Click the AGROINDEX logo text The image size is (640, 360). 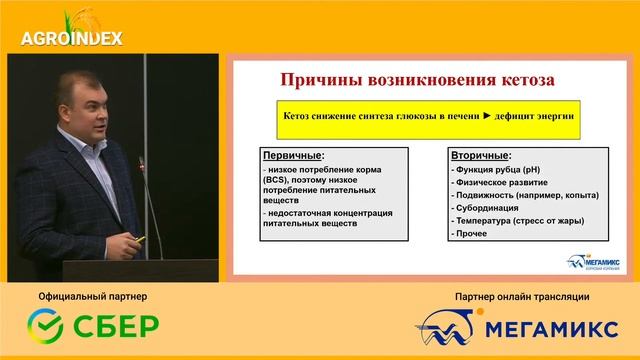tap(71, 39)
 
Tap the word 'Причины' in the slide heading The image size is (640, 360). tap(319, 78)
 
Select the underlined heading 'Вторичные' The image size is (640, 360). tap(482, 157)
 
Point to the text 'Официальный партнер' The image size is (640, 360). tap(92, 297)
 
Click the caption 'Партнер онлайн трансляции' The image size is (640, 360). tap(521, 297)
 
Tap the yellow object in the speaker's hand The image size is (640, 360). tap(140, 238)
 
